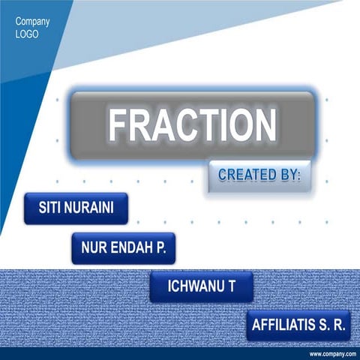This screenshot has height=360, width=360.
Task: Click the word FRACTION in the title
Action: coord(192,125)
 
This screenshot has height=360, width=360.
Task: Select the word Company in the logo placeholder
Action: coord(33,21)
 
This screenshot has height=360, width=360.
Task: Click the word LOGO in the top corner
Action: coord(27,34)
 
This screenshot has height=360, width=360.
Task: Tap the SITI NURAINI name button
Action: coord(76,208)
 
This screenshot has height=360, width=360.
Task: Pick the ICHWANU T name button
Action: coord(201,287)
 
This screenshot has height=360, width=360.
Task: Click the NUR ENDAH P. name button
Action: coord(124,247)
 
